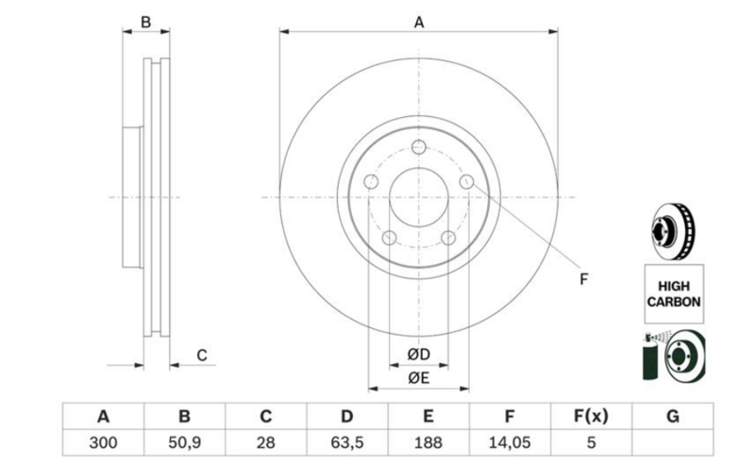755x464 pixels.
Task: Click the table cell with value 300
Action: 103,442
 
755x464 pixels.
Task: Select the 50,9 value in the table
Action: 184,442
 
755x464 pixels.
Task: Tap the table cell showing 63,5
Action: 347,442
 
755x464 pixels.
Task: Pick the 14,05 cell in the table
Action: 510,442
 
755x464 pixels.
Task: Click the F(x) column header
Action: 592,416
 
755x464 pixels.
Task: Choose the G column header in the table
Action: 673,416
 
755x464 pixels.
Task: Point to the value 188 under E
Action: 428,442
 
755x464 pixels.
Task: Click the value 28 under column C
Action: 266,442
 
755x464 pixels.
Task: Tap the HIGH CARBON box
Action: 674,293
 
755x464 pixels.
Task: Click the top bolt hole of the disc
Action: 419,147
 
